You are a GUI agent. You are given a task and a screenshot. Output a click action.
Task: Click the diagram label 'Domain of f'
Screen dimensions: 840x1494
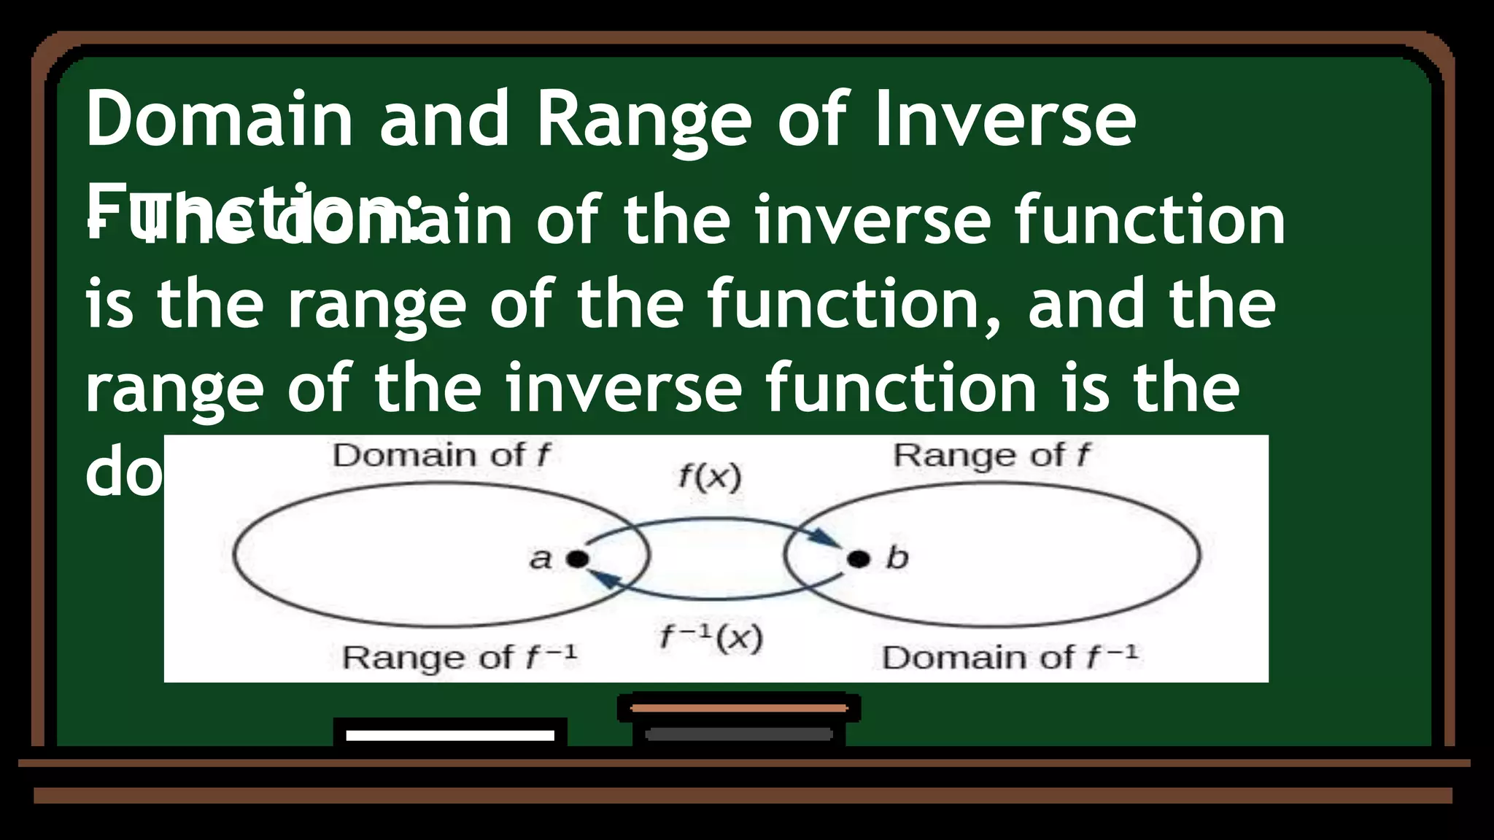(x=441, y=456)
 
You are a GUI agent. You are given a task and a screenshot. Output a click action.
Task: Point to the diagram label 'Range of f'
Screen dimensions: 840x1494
(x=991, y=456)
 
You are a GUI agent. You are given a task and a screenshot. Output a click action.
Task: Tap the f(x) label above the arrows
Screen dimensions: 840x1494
(x=709, y=478)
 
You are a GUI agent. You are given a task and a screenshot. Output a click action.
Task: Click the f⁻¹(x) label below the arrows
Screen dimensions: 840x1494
(x=711, y=638)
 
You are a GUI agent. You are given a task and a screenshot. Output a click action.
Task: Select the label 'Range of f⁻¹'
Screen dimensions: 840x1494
(x=460, y=657)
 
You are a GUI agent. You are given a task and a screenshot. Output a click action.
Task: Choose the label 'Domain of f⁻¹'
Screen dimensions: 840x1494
(x=1010, y=657)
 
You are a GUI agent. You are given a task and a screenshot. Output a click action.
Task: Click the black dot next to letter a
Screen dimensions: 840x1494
(x=577, y=559)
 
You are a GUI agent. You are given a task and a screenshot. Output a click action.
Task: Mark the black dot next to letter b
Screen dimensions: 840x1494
(x=859, y=559)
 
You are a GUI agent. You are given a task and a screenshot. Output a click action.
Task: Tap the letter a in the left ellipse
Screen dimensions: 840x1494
(x=541, y=559)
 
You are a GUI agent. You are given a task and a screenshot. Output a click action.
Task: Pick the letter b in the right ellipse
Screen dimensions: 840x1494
(x=897, y=559)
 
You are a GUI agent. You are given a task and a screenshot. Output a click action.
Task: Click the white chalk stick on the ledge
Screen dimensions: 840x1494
(x=450, y=735)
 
